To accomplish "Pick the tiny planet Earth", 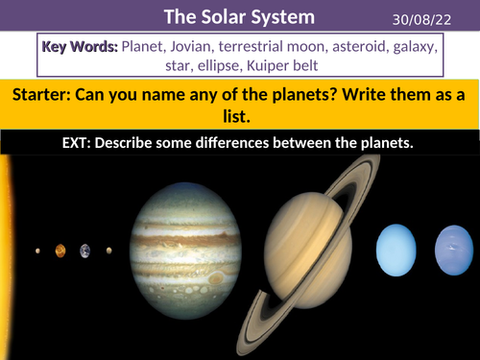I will [x=84, y=252].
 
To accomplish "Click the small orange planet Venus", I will [x=60, y=252].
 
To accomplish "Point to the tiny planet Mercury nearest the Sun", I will [x=38, y=252].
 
